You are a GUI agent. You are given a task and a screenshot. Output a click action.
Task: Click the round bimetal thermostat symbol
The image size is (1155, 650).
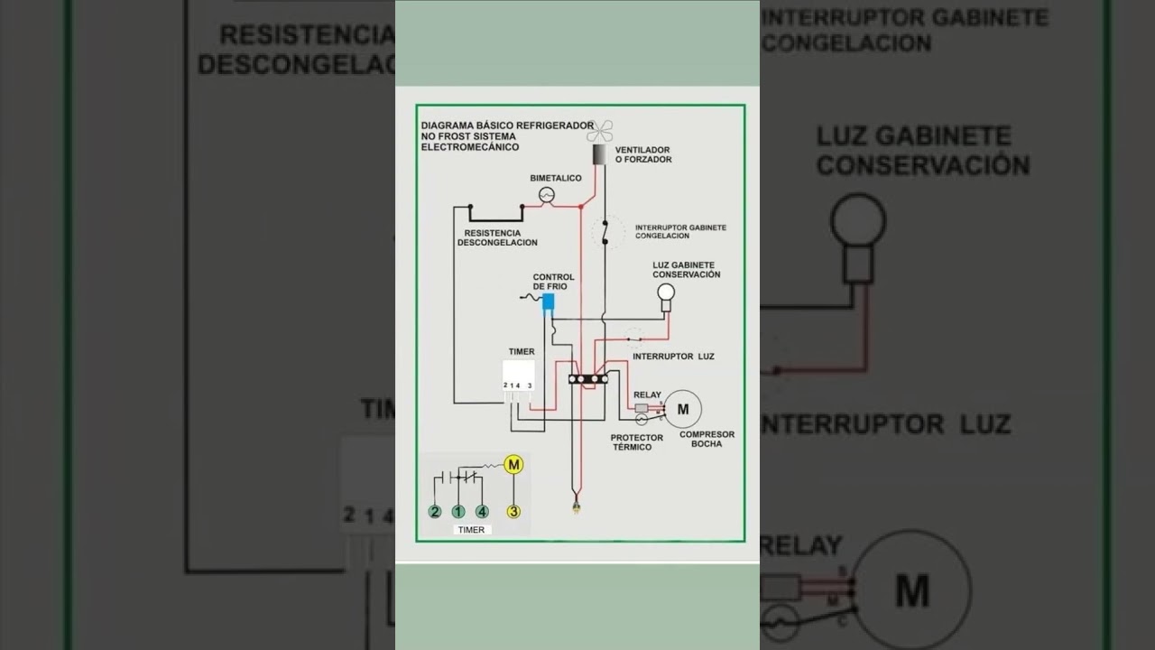(x=546, y=195)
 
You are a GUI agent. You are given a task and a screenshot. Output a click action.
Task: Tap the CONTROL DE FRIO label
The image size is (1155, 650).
(x=553, y=282)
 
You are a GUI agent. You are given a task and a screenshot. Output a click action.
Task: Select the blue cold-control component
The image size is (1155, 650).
(x=548, y=303)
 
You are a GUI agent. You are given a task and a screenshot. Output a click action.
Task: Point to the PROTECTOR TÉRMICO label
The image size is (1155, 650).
(x=637, y=442)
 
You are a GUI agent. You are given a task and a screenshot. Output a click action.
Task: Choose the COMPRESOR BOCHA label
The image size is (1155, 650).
(x=707, y=439)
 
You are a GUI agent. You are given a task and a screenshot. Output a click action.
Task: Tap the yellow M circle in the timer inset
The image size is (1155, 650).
(x=513, y=465)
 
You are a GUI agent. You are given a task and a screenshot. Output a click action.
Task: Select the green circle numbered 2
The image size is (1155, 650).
(x=435, y=511)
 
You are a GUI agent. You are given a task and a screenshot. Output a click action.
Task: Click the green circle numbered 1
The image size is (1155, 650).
(x=458, y=511)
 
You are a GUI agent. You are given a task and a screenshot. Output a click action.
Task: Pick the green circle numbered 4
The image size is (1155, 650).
(x=482, y=511)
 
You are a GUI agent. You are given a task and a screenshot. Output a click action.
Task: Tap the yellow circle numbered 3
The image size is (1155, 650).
(x=513, y=511)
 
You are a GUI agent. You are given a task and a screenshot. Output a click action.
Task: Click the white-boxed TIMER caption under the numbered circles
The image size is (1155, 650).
(x=471, y=530)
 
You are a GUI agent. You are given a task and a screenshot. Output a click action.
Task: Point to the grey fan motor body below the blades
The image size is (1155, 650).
(x=602, y=153)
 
